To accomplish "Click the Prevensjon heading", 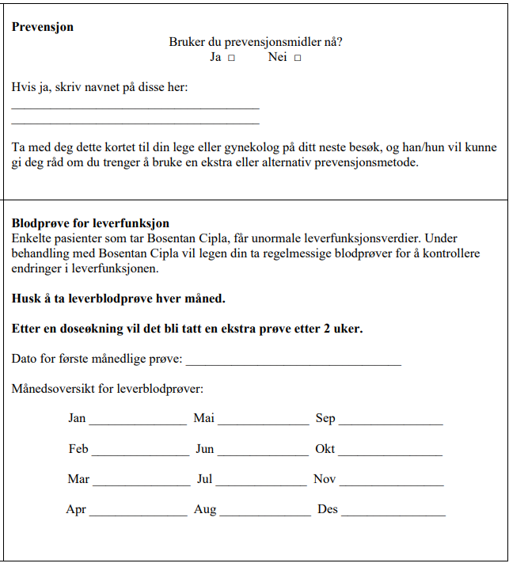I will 43,27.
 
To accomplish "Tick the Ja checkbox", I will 231,58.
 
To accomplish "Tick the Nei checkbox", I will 298,58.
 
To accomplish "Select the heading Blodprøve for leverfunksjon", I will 90,224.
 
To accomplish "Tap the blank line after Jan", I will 138,424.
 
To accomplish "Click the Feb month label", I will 78,449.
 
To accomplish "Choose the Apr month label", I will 76,509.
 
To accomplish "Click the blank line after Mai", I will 263,424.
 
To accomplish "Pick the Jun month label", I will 205,449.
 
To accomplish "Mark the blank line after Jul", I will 260,484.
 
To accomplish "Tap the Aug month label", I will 205,509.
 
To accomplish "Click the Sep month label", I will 325,418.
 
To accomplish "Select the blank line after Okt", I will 390,455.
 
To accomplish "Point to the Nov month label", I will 325,479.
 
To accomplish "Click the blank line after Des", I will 393,515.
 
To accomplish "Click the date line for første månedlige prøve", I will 293,364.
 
